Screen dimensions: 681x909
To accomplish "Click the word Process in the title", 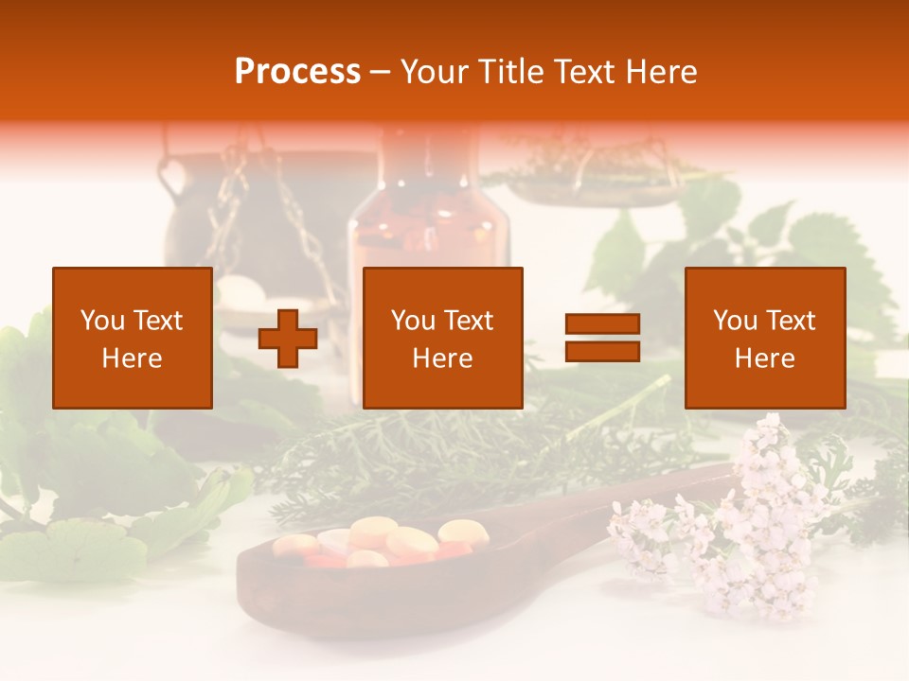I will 297,72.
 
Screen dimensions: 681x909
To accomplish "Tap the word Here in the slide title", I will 661,72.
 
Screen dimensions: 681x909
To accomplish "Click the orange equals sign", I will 602,338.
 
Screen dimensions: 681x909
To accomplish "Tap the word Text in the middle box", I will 469,321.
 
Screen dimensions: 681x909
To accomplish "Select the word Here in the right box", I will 764,358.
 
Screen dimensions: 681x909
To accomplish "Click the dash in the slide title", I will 381,72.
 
